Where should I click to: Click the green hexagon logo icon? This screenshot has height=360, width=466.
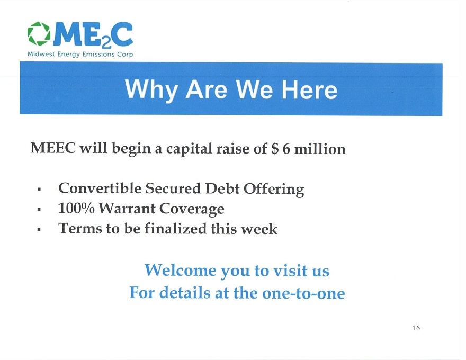pyautogui.click(x=39, y=33)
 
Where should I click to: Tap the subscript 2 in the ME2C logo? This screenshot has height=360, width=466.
pyautogui.click(x=106, y=43)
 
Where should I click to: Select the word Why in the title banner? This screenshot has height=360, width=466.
pyautogui.click(x=151, y=89)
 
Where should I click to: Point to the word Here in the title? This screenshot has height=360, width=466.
pyautogui.click(x=309, y=89)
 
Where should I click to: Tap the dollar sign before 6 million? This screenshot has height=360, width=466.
pyautogui.click(x=275, y=148)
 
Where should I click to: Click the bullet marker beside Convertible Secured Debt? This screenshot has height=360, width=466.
pyautogui.click(x=39, y=189)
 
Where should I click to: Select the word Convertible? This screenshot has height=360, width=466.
pyautogui.click(x=100, y=188)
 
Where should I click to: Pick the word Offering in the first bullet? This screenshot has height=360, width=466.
pyautogui.click(x=274, y=189)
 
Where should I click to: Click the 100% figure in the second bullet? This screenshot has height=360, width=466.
pyautogui.click(x=76, y=208)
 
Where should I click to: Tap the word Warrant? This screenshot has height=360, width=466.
pyautogui.click(x=127, y=208)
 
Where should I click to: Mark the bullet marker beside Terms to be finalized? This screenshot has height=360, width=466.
pyautogui.click(x=39, y=229)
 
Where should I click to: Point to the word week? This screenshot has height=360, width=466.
pyautogui.click(x=259, y=229)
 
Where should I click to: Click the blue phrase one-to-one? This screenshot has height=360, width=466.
pyautogui.click(x=303, y=293)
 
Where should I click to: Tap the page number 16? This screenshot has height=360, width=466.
pyautogui.click(x=416, y=328)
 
